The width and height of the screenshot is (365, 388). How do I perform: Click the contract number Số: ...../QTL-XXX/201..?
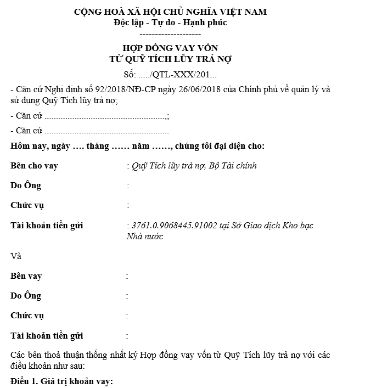point(171,75)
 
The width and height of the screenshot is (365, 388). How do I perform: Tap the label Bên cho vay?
point(34,166)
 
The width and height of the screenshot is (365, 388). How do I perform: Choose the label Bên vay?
point(26,276)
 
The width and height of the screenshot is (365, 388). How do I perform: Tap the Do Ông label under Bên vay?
point(26,296)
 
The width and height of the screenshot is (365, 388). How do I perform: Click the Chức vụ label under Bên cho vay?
point(27,206)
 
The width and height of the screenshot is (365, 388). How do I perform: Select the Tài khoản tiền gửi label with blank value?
point(47,336)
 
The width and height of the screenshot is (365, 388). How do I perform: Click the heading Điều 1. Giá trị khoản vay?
point(61,381)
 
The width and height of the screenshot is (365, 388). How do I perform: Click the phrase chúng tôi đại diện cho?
point(221,146)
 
